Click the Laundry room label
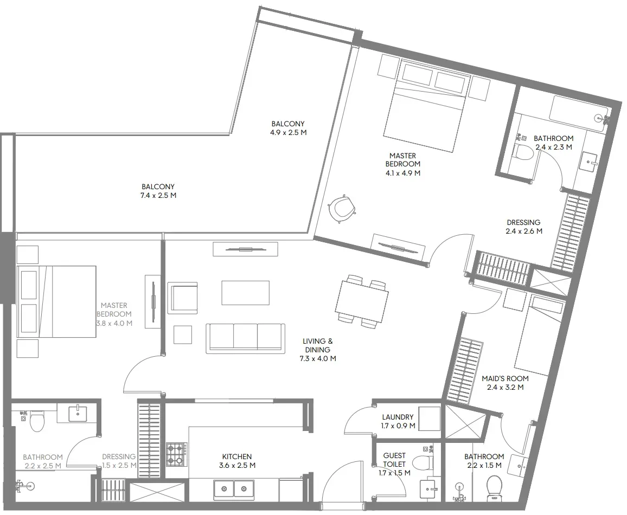(398, 421)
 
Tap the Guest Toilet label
(394, 464)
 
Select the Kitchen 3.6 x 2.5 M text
(237, 461)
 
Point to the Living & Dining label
(318, 350)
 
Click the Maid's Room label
(505, 382)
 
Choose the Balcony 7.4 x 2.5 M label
(158, 191)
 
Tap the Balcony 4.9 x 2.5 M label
(289, 128)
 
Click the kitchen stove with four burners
(176, 454)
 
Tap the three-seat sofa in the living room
(246, 338)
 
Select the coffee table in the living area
(246, 292)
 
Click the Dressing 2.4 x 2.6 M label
(524, 227)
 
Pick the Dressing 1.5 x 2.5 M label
(119, 461)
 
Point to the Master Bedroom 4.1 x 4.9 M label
(402, 164)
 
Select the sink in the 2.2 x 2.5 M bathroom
(77, 413)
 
